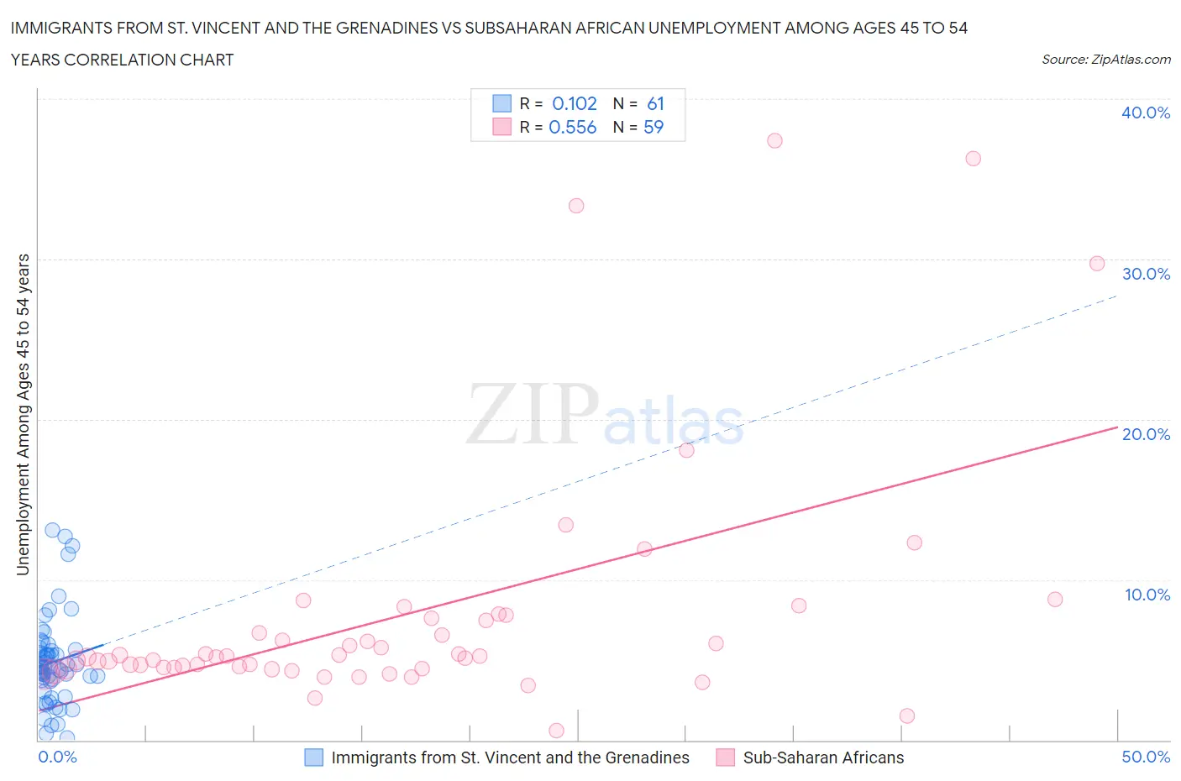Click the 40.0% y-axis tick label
point(1146,113)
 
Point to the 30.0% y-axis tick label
point(1146,274)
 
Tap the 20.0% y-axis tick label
point(1146,434)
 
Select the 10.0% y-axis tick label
point(1147,595)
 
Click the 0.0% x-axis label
point(57,757)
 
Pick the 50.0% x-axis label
point(1146,757)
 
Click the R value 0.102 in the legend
point(574,103)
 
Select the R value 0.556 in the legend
point(572,127)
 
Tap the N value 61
point(655,103)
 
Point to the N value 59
point(653,127)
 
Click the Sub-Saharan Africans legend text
point(823,757)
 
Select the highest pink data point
point(774,140)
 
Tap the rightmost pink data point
point(1096,264)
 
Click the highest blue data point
point(52,530)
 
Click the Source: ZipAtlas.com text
point(1105,60)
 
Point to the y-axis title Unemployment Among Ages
point(23,414)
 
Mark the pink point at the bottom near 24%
point(556,731)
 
